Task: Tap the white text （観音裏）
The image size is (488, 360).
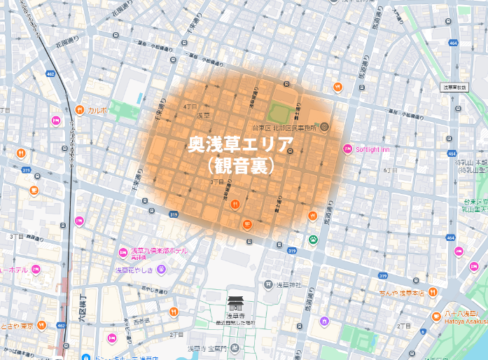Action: [241, 167]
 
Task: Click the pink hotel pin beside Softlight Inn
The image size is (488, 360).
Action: [348, 148]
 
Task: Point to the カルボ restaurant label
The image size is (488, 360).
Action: [97, 111]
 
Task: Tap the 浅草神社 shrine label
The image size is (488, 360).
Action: [286, 284]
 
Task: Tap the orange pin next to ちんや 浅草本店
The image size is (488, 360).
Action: [433, 291]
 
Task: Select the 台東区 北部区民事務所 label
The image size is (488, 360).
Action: [283, 127]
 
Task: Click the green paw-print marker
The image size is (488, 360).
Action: [312, 240]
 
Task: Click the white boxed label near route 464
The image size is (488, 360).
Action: [454, 88]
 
